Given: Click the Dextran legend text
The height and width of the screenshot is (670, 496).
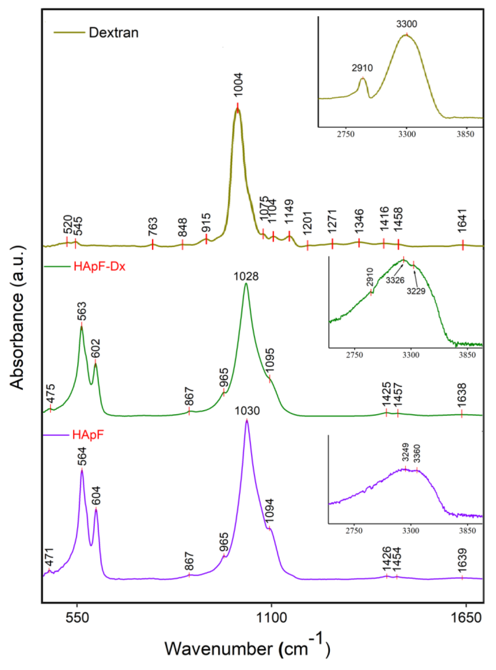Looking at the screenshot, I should coord(113,32).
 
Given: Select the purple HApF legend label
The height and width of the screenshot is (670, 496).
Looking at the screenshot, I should coord(88,435).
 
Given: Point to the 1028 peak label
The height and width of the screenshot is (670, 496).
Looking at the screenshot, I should coord(246,276).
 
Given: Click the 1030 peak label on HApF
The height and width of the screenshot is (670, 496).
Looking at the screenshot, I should coord(247,411).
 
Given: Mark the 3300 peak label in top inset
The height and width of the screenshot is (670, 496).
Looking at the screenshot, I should coord(407,24).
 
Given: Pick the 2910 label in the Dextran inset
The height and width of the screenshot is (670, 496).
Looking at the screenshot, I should coord(362,68).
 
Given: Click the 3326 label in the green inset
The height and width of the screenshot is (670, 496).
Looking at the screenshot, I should coord(395,280).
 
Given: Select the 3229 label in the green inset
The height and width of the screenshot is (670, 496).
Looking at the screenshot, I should coord(416,291).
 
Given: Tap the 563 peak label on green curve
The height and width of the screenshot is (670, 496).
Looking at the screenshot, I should coord(82,312).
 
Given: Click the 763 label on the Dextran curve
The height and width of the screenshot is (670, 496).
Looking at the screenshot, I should coord(152,228).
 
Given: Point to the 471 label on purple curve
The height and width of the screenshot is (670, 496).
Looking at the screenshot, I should coord(49,557).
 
